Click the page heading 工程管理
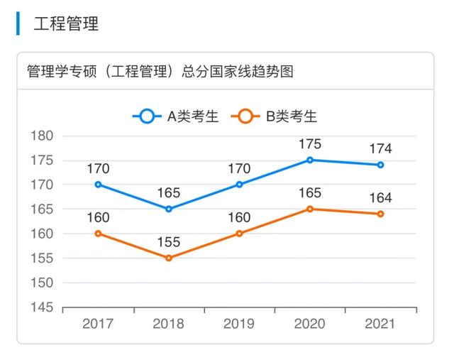pyautogui.click(x=66, y=24)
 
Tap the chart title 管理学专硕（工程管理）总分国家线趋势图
pyautogui.click(x=160, y=72)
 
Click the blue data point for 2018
pyautogui.click(x=169, y=209)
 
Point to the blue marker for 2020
pyautogui.click(x=310, y=160)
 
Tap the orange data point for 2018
pyautogui.click(x=169, y=258)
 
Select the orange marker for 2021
pyautogui.click(x=381, y=214)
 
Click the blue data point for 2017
pyautogui.click(x=98, y=185)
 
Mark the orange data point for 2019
pyautogui.click(x=239, y=234)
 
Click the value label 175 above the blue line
pyautogui.click(x=310, y=144)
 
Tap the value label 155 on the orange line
pyautogui.click(x=169, y=242)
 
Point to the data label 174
pyautogui.click(x=381, y=149)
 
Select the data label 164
pyautogui.click(x=381, y=198)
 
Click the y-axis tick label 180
pyautogui.click(x=43, y=136)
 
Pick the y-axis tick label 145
pyautogui.click(x=43, y=307)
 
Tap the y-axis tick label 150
pyautogui.click(x=43, y=283)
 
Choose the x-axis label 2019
pyautogui.click(x=239, y=324)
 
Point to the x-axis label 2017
pyautogui.click(x=98, y=324)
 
